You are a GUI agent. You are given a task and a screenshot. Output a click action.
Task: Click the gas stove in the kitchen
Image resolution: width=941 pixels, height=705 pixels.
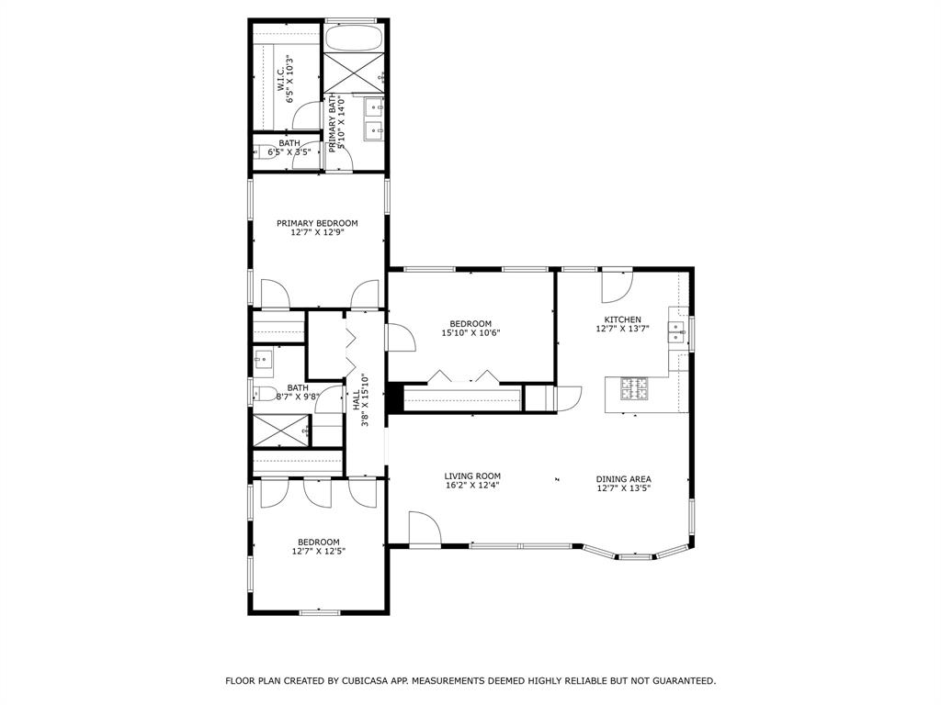pos(633,388)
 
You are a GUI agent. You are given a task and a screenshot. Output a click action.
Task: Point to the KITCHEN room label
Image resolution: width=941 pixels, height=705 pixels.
pos(622,319)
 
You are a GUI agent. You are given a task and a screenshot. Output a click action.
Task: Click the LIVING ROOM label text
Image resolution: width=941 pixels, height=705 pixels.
pos(473,476)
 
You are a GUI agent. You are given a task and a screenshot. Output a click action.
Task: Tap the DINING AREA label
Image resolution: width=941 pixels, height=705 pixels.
pos(623,479)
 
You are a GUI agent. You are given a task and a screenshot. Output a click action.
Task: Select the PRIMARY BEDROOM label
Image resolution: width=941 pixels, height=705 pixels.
pos(317,223)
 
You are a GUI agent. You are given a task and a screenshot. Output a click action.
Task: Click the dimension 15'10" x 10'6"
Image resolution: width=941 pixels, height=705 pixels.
pos(470,333)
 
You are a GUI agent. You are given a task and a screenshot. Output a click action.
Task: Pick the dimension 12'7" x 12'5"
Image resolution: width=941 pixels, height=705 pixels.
pos(318,552)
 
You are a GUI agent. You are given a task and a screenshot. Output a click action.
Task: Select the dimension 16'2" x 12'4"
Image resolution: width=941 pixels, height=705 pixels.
pos(473,487)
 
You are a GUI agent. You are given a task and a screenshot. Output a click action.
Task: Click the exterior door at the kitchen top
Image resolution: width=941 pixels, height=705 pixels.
pos(616,286)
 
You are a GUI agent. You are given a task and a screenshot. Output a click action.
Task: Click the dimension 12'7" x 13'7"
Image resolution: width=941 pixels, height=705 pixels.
pos(622,329)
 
